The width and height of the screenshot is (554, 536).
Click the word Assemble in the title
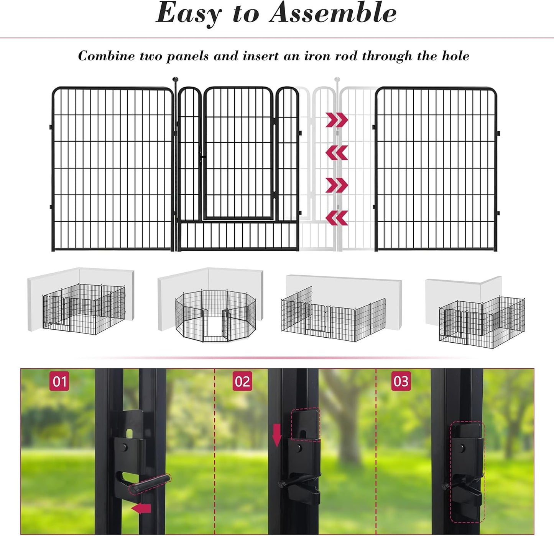point(333,13)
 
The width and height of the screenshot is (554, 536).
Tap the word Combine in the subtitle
point(106,56)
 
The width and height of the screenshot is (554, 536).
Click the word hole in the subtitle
point(455,56)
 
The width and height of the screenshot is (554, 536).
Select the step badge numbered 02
point(242,381)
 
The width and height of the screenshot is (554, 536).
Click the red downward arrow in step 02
point(277,435)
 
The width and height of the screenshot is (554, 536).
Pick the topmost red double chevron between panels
point(337,120)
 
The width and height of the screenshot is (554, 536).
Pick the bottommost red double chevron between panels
point(337,217)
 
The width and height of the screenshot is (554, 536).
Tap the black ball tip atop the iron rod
point(175,80)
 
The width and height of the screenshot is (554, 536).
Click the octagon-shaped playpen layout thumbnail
point(215,315)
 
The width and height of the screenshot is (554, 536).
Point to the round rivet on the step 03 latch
point(462,447)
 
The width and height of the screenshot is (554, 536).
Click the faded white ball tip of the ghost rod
point(337,80)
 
